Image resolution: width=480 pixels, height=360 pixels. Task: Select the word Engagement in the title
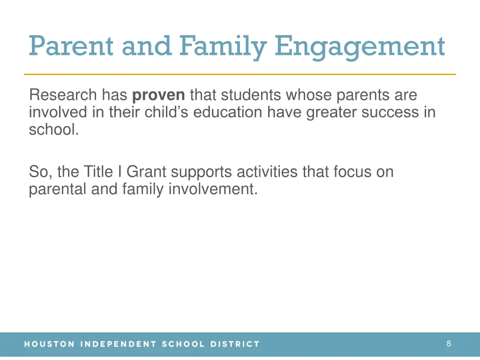click(360, 46)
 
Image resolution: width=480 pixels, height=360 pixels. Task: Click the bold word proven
click(158, 95)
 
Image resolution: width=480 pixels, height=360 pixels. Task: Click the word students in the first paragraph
click(252, 95)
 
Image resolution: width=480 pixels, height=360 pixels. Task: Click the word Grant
click(146, 172)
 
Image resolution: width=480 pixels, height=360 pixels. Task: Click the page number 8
click(449, 344)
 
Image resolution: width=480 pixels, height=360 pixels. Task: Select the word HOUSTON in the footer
click(49, 344)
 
